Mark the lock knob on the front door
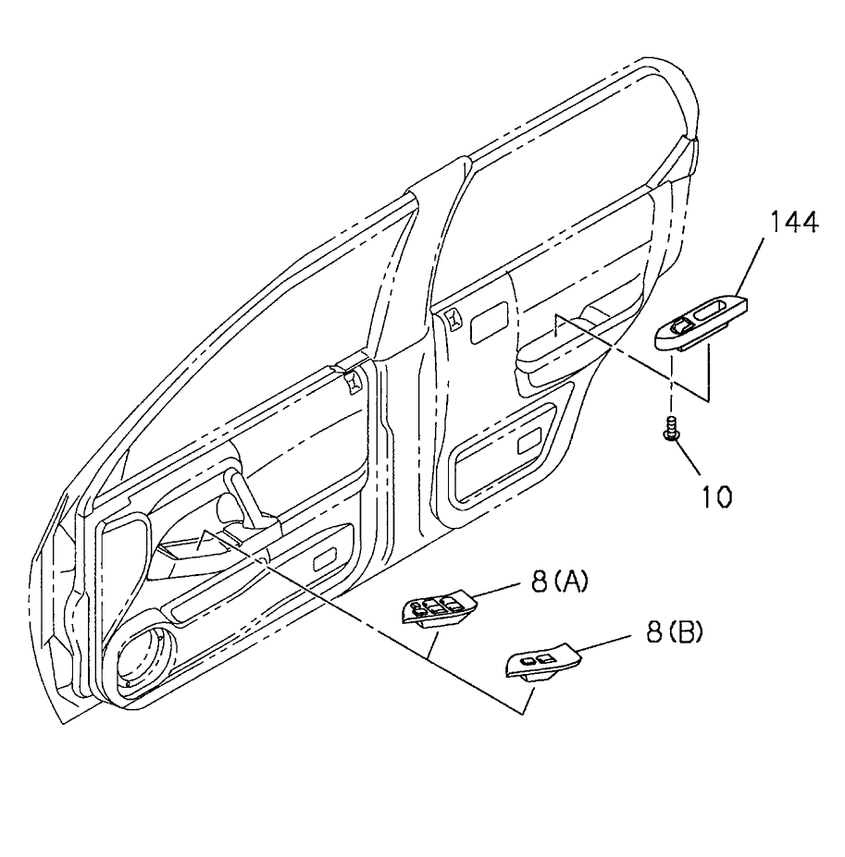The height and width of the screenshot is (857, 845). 352,380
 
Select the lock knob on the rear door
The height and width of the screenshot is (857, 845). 454,319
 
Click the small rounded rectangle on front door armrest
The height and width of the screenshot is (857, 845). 326,560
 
